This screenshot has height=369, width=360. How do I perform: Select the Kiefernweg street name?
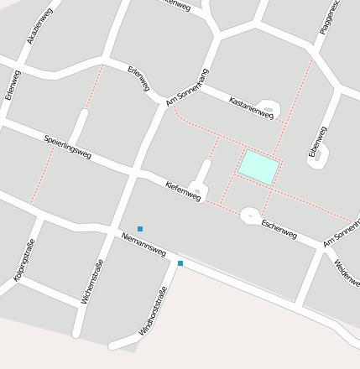pos(183,191)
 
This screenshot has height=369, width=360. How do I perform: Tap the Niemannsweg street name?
pos(143,244)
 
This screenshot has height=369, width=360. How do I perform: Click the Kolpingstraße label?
pos(24,260)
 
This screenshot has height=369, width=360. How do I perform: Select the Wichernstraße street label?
pos(92,281)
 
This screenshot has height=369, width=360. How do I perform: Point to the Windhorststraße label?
pos(153,311)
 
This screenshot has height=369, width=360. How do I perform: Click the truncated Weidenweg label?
pos(347,273)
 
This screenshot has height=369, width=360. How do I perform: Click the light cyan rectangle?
pos(258,168)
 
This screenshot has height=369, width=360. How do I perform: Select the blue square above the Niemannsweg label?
pos(140,228)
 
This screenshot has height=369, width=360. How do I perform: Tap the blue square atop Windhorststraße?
pos(180,263)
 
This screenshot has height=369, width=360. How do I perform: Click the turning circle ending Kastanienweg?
pos(267,108)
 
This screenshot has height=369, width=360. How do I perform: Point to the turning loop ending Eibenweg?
pos(316,158)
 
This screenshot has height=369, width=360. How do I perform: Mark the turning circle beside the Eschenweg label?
pos(250,216)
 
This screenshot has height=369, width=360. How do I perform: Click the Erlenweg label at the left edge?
pos(12,85)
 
